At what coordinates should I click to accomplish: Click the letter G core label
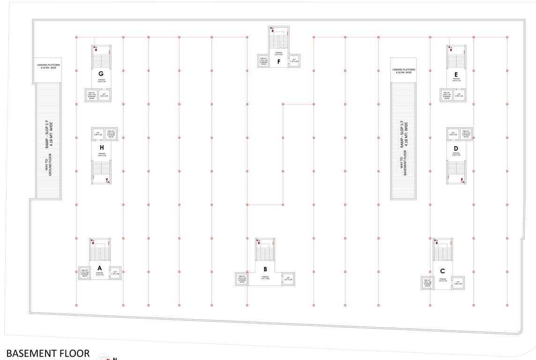pyautogui.click(x=101, y=74)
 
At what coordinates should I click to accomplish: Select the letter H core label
pyautogui.click(x=101, y=148)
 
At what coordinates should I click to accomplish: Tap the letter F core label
pyautogui.click(x=279, y=61)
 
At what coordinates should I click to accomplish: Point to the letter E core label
pyautogui.click(x=456, y=74)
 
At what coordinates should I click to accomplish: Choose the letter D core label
pyautogui.click(x=456, y=148)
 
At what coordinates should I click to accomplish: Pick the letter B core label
pyautogui.click(x=265, y=269)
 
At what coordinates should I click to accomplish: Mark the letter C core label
pyautogui.click(x=442, y=271)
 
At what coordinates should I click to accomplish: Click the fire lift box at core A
pyautogui.click(x=85, y=273)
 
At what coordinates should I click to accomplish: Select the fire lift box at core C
pyautogui.click(x=427, y=282)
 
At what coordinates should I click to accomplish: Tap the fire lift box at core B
pyautogui.click(x=242, y=279)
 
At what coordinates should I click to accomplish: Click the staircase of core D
pyautogui.click(x=456, y=171)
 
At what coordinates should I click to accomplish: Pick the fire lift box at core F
pyautogui.click(x=263, y=61)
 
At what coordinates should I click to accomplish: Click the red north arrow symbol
pyautogui.click(x=104, y=358)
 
